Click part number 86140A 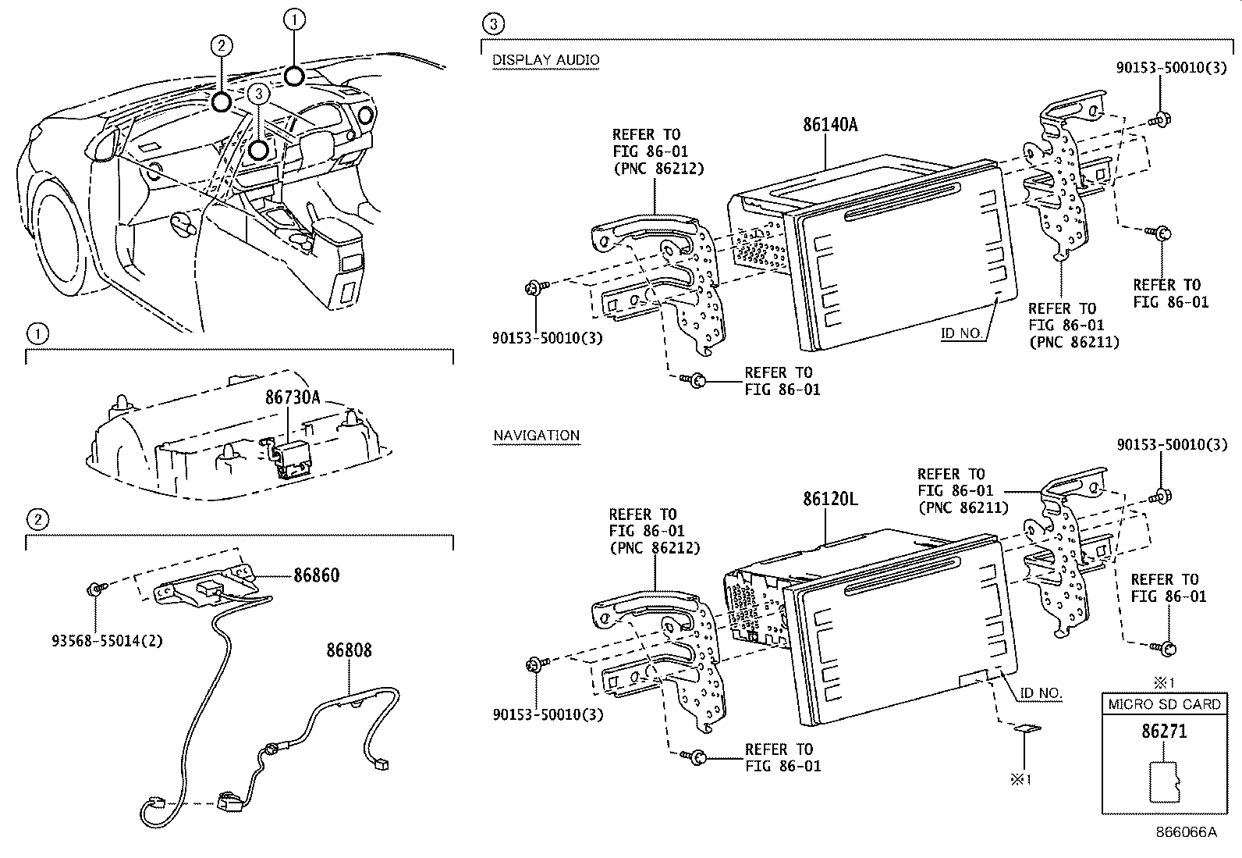click(x=830, y=124)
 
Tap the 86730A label click(x=293, y=397)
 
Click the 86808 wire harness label click(x=349, y=650)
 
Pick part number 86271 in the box click(x=1164, y=731)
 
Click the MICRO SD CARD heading click(x=1164, y=704)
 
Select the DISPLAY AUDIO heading click(x=545, y=59)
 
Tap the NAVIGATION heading click(x=536, y=435)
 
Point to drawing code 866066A click(x=1186, y=831)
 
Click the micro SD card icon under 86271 click(x=1164, y=783)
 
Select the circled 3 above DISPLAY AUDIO click(x=493, y=24)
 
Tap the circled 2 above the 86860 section click(x=37, y=518)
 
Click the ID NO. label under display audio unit click(x=961, y=333)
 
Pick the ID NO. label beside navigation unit click(x=1041, y=692)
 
